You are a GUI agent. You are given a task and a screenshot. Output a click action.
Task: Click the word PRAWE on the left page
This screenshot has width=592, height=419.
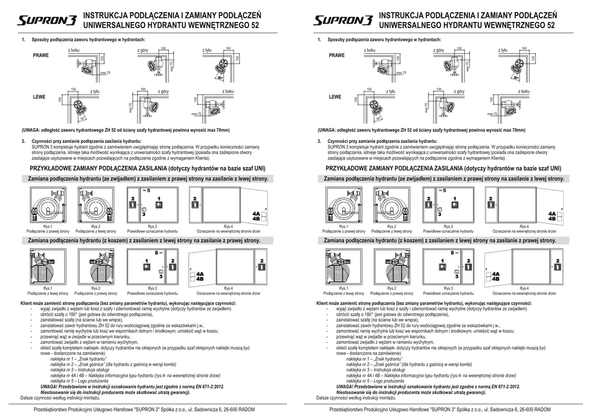pyautogui.click(x=41, y=55)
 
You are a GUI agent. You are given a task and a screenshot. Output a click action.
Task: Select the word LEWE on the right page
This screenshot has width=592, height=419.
pyautogui.click(x=335, y=97)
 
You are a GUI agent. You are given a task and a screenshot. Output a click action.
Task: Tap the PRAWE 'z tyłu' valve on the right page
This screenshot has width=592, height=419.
pyautogui.click(x=516, y=67)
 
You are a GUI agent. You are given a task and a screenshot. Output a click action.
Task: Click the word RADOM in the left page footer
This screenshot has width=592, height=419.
pyautogui.click(x=244, y=410)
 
